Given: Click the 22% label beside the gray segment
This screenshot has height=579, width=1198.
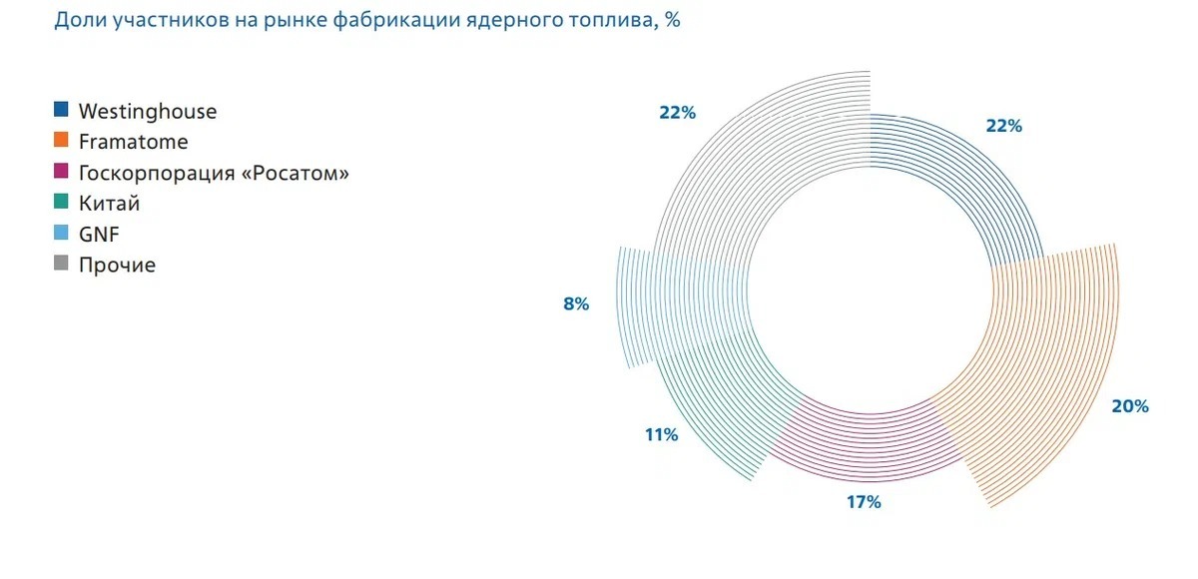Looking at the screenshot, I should click(677, 113).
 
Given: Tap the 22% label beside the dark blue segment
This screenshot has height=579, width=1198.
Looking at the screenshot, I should click(1003, 126).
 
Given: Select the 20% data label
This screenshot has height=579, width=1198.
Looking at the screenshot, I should click(1130, 406).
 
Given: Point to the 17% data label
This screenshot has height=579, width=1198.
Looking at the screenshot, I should click(863, 502).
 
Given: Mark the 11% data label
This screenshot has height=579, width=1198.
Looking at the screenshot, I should click(662, 435).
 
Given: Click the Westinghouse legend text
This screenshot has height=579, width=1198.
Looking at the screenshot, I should click(147, 111).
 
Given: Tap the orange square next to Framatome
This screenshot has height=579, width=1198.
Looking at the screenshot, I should click(61, 141).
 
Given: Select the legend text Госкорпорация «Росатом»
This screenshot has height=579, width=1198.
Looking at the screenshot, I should click(214, 173).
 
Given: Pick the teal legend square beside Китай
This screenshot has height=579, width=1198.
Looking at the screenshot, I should click(61, 203).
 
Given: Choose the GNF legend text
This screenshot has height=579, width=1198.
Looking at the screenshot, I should click(99, 235).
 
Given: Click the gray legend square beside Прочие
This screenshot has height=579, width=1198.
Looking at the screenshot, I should click(61, 265).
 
